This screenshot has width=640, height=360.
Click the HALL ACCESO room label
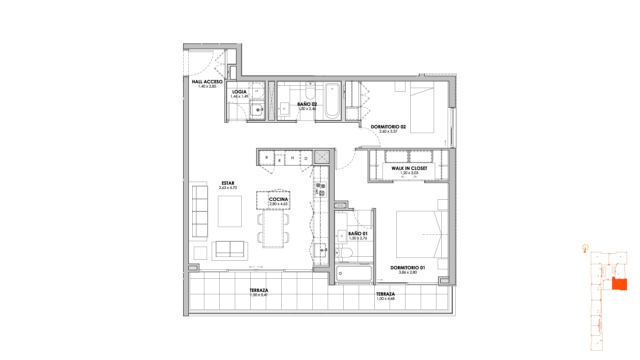click(207, 82)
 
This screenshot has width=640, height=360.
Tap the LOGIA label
click(239, 92)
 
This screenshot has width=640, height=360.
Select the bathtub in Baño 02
click(332, 101)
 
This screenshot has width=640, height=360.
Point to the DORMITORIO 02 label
click(388, 127)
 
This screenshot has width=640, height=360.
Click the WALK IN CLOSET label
click(409, 168)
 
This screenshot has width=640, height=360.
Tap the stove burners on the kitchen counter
click(321, 190)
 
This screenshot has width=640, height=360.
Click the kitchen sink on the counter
click(320, 250)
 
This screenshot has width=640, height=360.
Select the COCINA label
click(279, 199)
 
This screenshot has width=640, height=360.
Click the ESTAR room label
click(228, 183)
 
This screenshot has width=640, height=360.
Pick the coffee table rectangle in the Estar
click(230, 211)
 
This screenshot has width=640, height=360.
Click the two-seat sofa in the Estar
click(230, 250)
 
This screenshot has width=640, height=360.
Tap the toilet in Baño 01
click(343, 253)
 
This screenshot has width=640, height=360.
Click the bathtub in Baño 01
click(354, 273)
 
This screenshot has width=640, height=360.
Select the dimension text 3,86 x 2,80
click(408, 272)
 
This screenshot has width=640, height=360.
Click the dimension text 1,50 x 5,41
click(259, 295)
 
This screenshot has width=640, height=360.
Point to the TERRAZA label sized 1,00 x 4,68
click(386, 294)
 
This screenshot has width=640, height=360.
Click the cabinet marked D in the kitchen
click(306, 158)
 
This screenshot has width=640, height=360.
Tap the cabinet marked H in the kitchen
click(292, 158)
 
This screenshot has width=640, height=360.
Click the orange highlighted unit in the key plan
click(619, 284)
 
